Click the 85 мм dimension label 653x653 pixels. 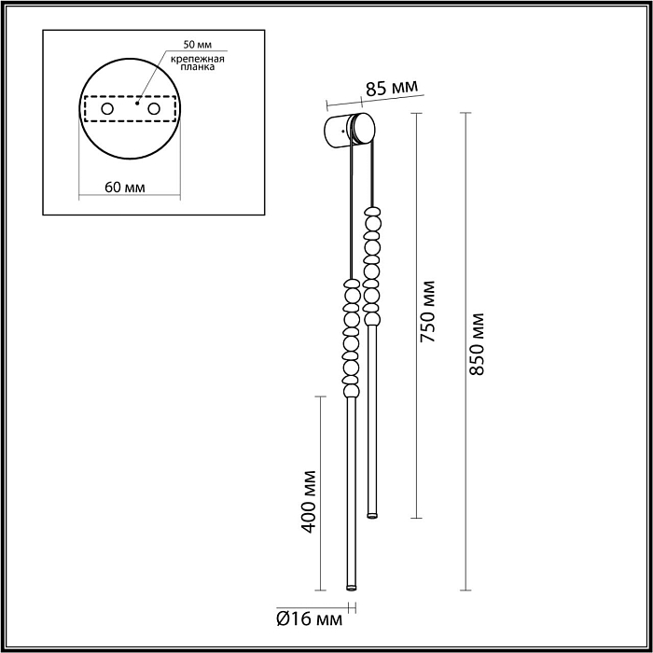point(389,90)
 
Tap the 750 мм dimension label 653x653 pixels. point(428,313)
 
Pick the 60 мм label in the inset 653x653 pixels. point(124,187)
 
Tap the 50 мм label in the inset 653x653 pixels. point(199,45)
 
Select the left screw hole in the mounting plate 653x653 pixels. point(108,110)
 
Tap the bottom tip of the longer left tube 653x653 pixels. point(351,587)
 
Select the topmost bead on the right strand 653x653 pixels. point(372,211)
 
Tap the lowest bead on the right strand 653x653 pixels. point(372,317)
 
